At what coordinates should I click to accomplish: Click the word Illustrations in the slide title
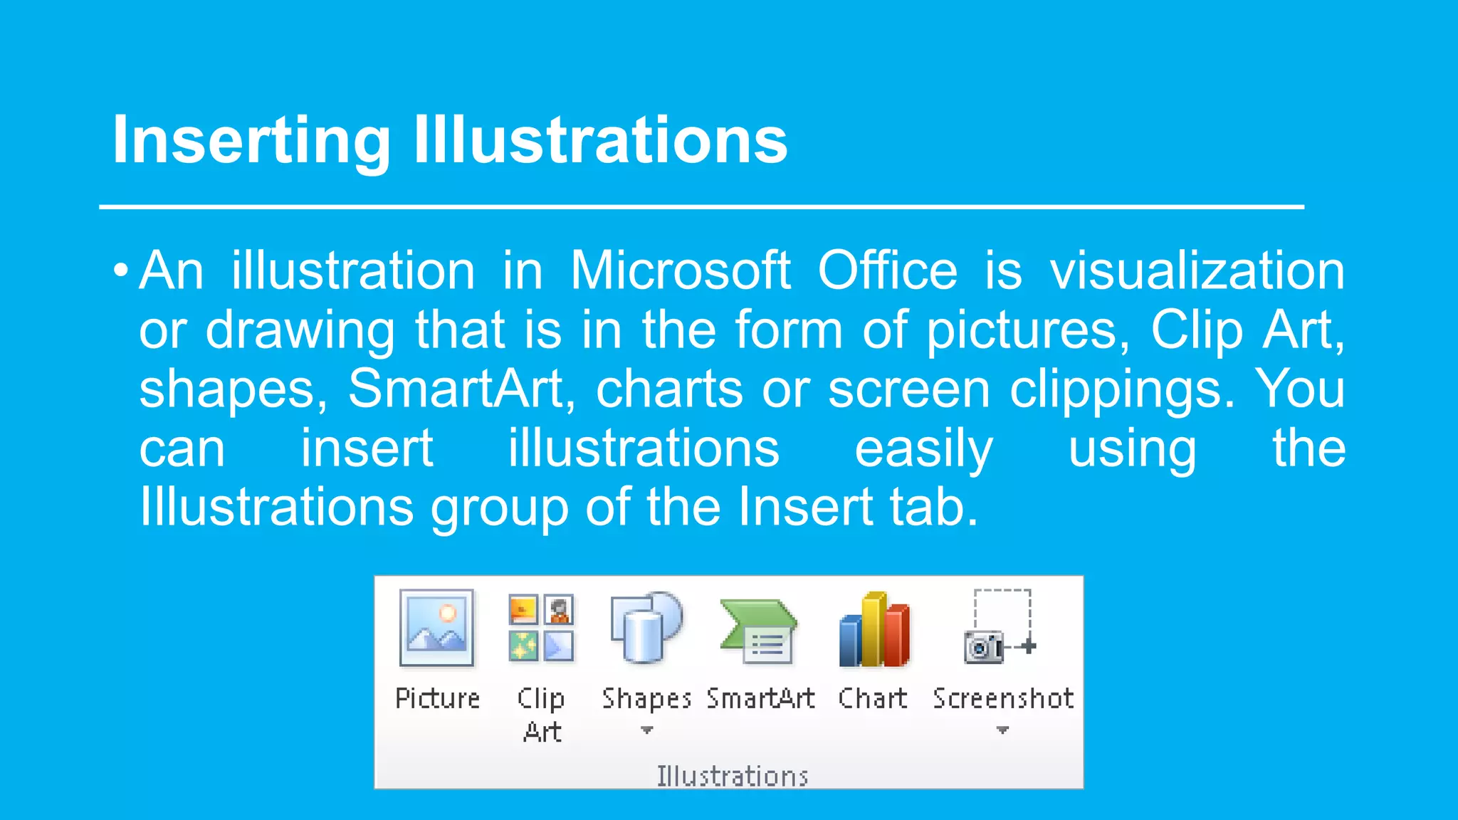pos(600,140)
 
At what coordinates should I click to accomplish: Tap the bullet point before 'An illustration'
pos(121,271)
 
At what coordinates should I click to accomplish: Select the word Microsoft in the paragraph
pos(680,271)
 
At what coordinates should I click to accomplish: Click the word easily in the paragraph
pos(923,448)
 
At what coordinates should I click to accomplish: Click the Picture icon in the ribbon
pos(436,628)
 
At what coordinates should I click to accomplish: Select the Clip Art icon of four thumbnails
pos(541,628)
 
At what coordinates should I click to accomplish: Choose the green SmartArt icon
pos(758,631)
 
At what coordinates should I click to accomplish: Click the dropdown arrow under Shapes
pos(646,730)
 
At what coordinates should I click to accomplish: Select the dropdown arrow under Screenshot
pos(1002,730)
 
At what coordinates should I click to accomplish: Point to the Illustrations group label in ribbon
pos(732,776)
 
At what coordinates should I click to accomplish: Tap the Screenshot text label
pos(1002,698)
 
